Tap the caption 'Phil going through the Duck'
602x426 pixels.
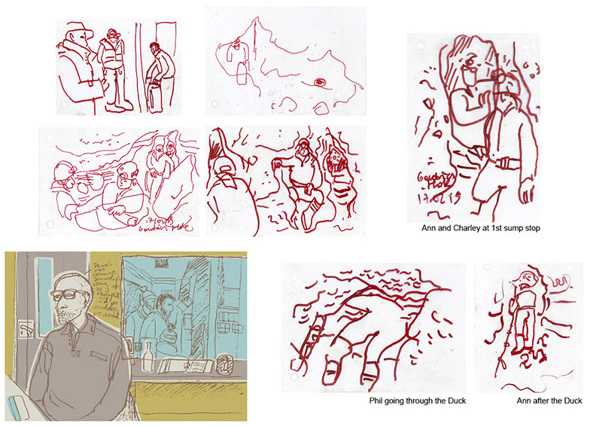[x=418, y=401]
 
